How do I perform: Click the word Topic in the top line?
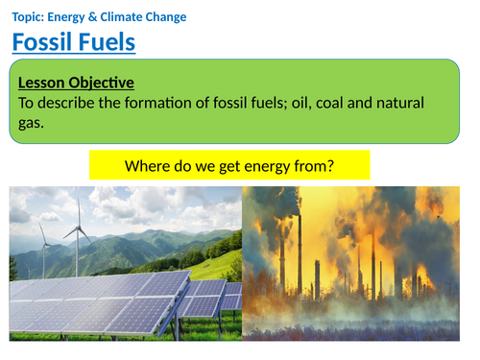click(x=31, y=16)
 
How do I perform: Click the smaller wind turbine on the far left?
click(x=42, y=245)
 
